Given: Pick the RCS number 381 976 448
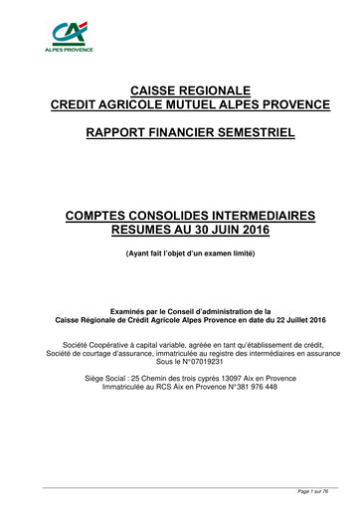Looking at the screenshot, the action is coord(255,388).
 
